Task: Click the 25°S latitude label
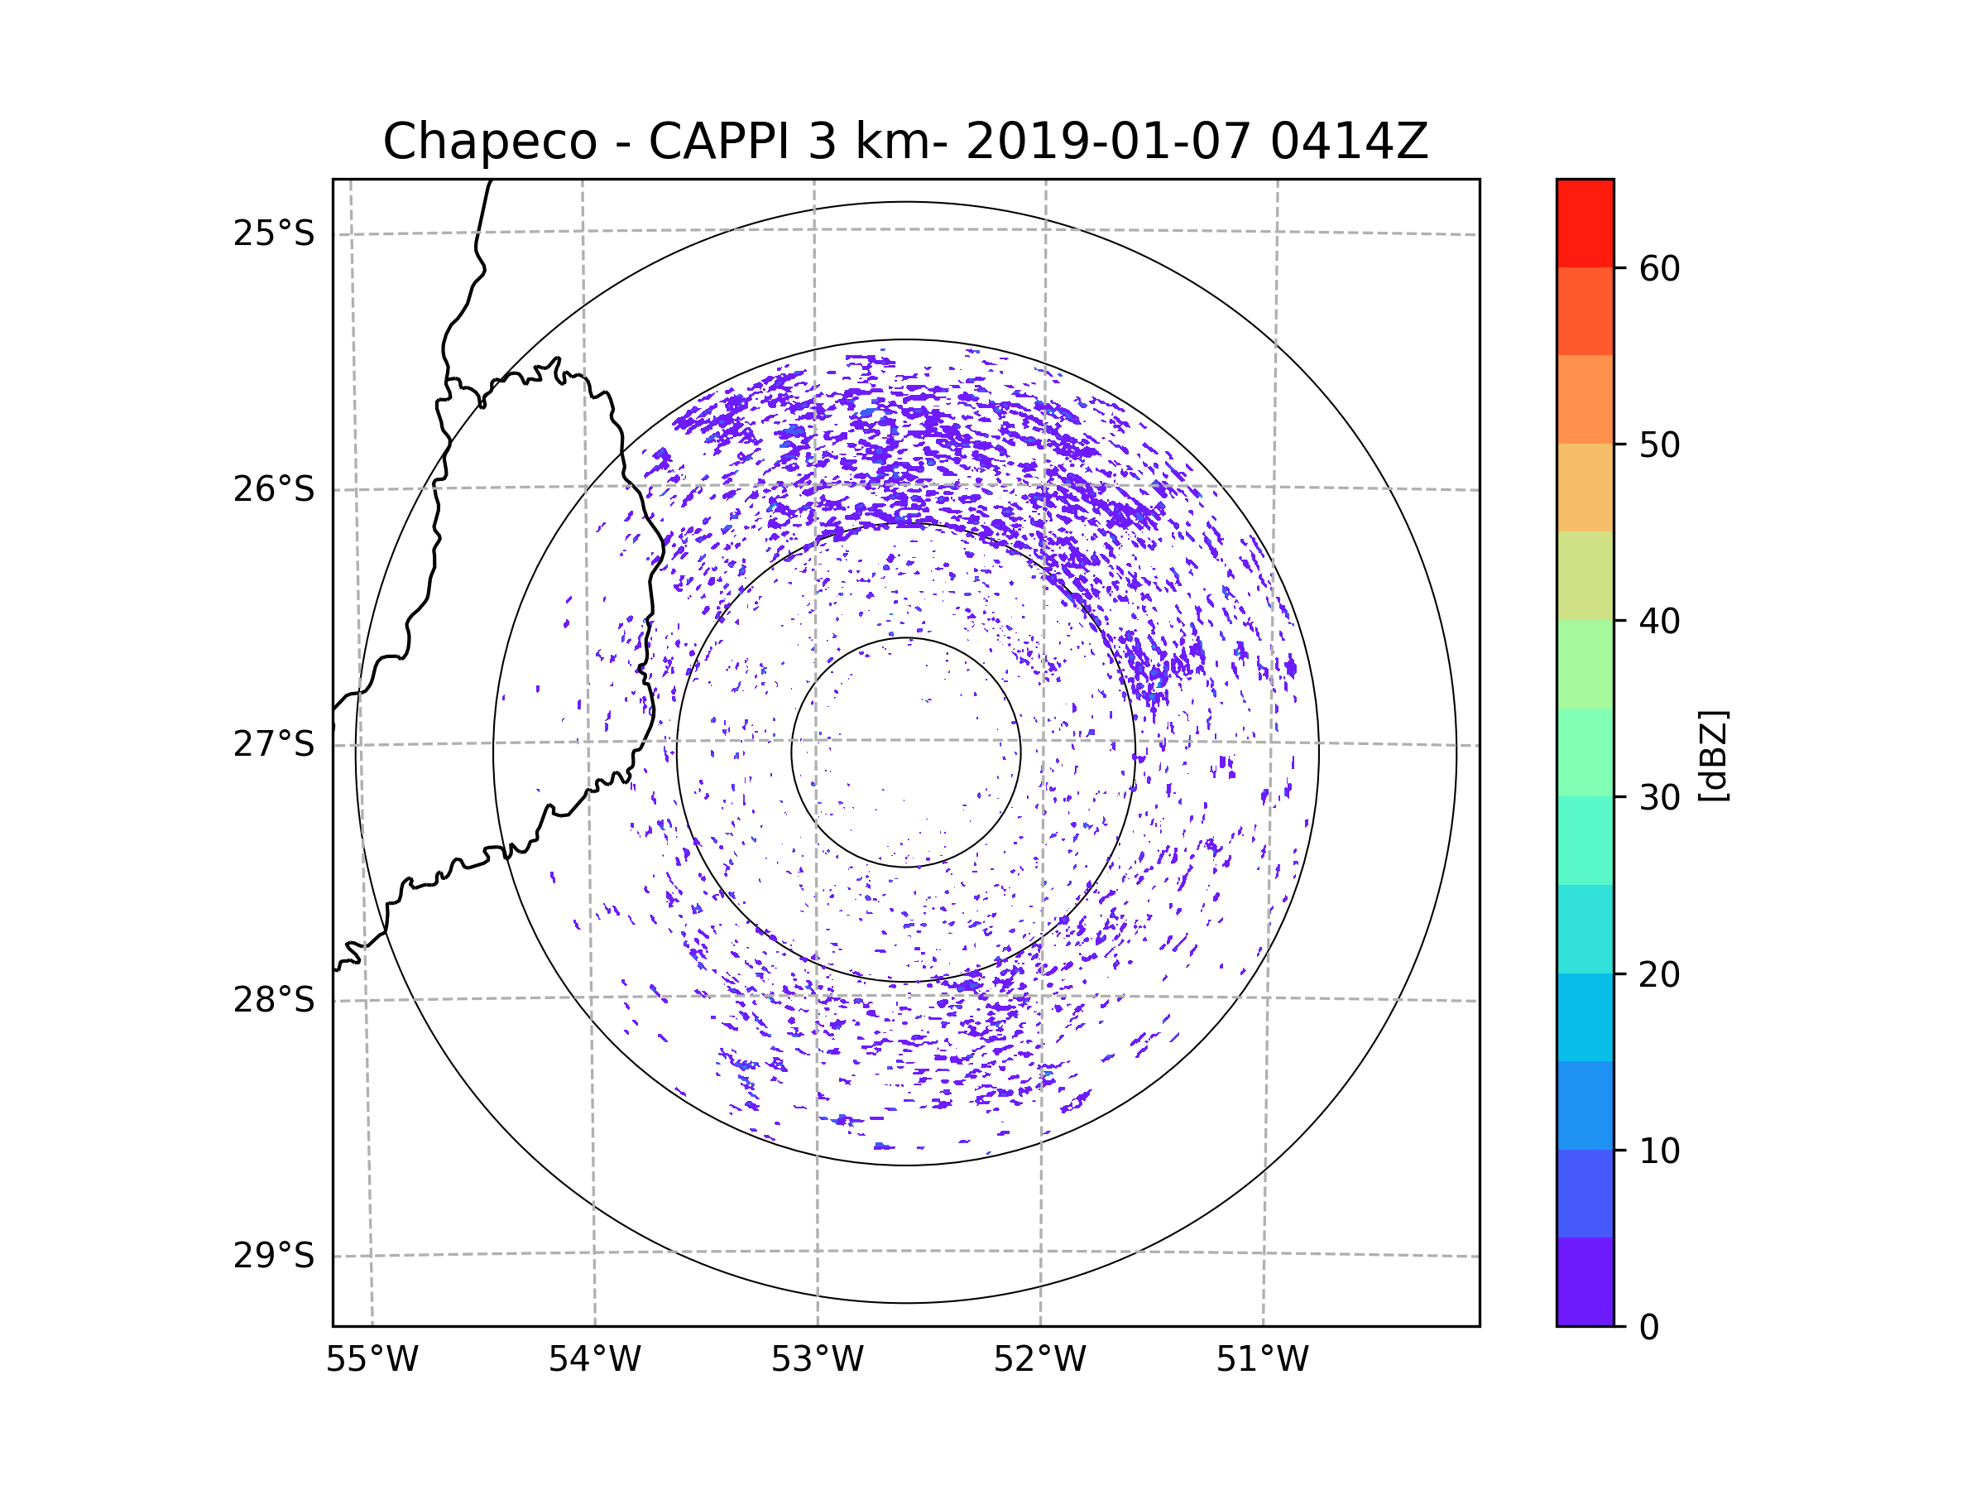point(274,233)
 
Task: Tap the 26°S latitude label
point(274,489)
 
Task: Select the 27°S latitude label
point(274,744)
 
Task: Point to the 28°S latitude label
point(274,1000)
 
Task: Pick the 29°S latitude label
point(274,1256)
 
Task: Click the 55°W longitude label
point(372,1360)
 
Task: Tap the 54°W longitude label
point(594,1360)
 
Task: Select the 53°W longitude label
point(817,1360)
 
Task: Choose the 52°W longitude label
point(1039,1360)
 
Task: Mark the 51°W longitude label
point(1262,1360)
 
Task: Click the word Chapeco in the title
point(489,142)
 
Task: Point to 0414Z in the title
point(1348,142)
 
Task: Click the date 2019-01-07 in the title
point(1107,142)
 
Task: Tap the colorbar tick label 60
point(1659,268)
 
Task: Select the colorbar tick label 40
point(1659,621)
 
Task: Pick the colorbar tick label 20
point(1659,974)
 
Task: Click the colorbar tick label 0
point(1649,1328)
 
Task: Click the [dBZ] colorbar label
point(1713,755)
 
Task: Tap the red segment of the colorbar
point(1585,223)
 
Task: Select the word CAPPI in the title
point(718,142)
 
